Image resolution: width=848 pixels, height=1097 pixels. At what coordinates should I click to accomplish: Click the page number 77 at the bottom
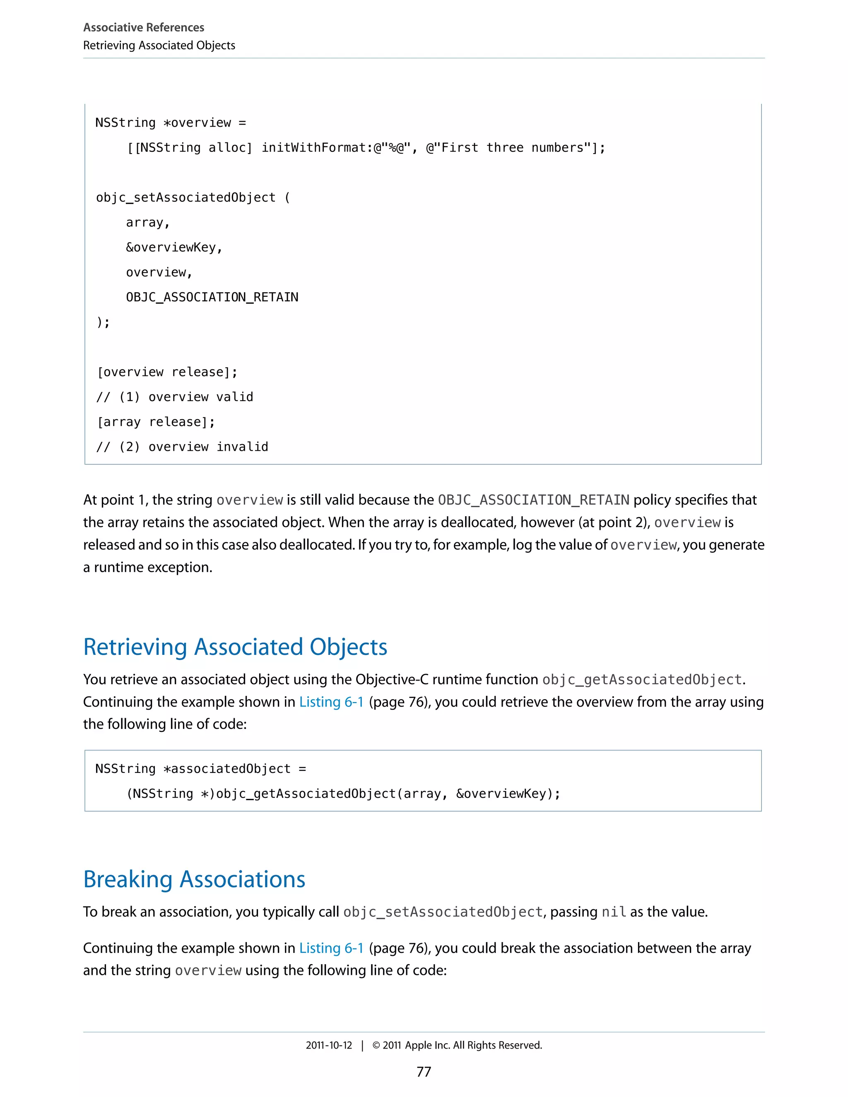pyautogui.click(x=424, y=1071)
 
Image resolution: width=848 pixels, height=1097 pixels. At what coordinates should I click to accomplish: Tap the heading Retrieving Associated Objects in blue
pyautogui.click(x=235, y=647)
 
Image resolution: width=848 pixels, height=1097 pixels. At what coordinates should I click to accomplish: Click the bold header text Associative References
pyautogui.click(x=144, y=27)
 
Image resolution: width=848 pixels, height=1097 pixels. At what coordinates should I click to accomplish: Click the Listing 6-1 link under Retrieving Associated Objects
pyautogui.click(x=331, y=702)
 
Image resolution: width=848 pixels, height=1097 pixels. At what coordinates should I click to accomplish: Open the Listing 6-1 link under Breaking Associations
pyautogui.click(x=331, y=948)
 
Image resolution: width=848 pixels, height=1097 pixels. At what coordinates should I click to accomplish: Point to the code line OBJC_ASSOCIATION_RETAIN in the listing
pyautogui.click(x=212, y=297)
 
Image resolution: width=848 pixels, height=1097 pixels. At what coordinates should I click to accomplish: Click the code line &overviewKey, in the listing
pyautogui.click(x=174, y=248)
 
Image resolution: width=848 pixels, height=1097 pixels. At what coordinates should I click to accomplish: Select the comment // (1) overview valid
pyautogui.click(x=175, y=397)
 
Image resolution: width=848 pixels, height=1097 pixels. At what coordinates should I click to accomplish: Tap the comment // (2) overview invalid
pyautogui.click(x=182, y=447)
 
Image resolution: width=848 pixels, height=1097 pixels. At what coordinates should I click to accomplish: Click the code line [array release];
pyautogui.click(x=156, y=422)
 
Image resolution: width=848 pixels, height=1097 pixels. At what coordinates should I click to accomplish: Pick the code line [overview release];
pyautogui.click(x=167, y=372)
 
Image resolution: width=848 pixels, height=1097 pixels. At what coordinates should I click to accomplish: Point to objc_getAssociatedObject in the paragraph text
pyautogui.click(x=641, y=680)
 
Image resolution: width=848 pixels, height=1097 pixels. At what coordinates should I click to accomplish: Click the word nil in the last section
pyautogui.click(x=613, y=912)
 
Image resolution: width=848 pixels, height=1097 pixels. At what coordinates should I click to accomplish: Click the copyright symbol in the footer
pyautogui.click(x=376, y=1045)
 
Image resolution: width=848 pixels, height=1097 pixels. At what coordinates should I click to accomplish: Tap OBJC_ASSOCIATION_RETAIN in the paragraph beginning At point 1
pyautogui.click(x=533, y=500)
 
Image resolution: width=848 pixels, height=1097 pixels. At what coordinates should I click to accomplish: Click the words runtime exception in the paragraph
pyautogui.click(x=153, y=567)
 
